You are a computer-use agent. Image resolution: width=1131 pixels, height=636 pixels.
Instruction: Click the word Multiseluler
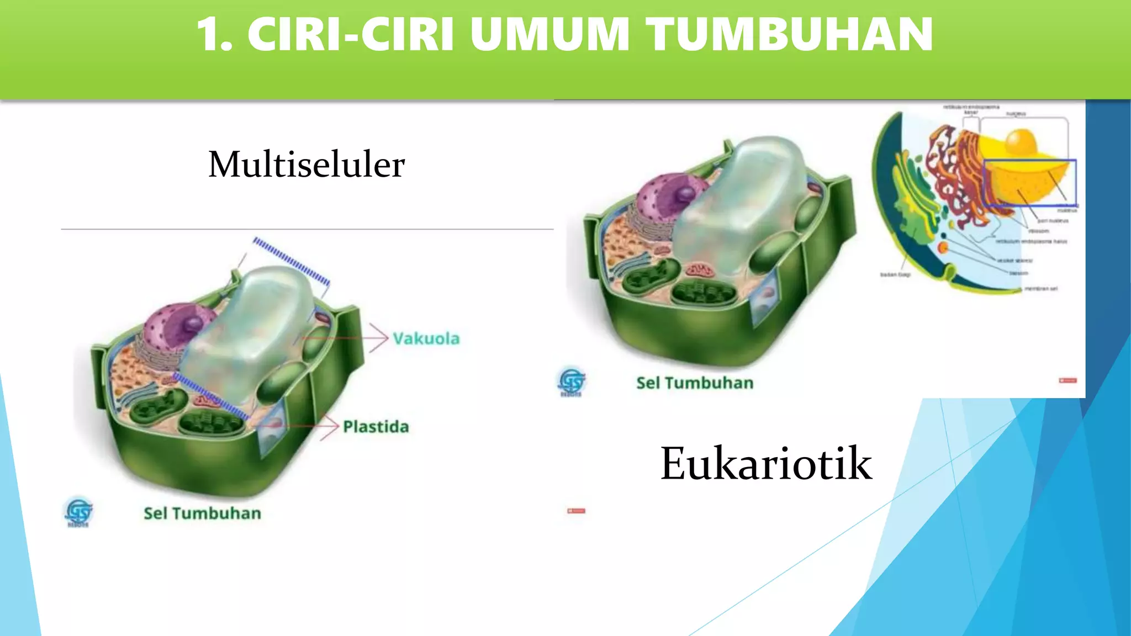[x=306, y=165]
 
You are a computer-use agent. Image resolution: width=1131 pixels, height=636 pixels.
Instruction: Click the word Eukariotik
[x=766, y=464]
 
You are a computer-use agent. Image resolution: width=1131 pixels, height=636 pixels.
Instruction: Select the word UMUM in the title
[x=549, y=34]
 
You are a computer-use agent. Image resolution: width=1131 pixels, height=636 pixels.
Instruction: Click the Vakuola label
[x=426, y=338]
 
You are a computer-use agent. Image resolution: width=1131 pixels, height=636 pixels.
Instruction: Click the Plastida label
[x=376, y=427]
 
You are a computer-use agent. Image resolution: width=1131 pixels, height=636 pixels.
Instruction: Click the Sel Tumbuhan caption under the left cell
[x=202, y=513]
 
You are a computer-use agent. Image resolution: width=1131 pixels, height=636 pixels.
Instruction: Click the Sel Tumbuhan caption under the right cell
[x=695, y=383]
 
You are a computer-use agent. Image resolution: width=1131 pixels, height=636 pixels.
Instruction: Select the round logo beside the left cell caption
[x=78, y=511]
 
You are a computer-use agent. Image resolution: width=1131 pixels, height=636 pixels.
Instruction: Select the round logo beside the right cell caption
[x=572, y=381]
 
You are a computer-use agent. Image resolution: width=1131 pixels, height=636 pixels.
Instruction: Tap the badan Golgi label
[x=895, y=274]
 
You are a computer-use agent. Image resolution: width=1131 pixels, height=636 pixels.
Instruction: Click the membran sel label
[x=1041, y=289]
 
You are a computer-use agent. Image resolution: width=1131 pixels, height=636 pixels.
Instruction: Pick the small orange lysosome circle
[x=943, y=247]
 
